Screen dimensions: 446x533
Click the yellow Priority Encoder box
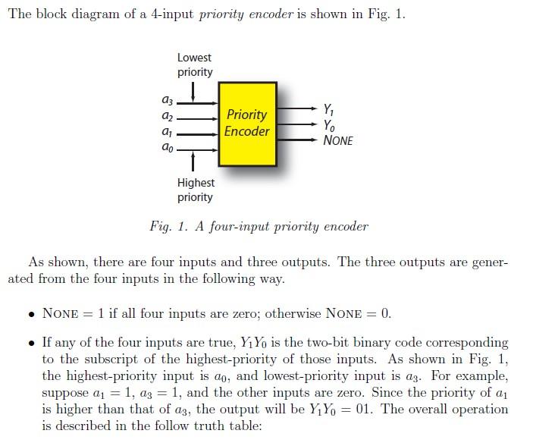point(247,124)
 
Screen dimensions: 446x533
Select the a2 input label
point(167,118)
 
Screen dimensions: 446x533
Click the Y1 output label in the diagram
point(328,109)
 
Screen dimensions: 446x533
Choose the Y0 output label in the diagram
point(328,125)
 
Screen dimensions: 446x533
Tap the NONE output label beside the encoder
point(338,141)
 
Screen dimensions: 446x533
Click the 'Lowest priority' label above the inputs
point(195,64)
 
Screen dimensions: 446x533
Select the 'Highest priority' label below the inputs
point(196,190)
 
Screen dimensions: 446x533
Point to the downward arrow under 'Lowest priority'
point(195,90)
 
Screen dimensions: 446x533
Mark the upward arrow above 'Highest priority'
point(195,160)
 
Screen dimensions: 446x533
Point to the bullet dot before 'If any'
point(29,343)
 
